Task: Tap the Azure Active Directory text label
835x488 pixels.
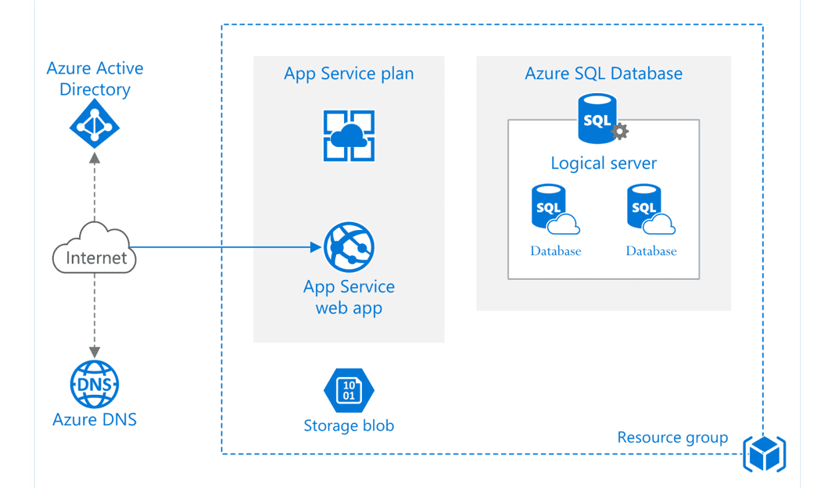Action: coord(95,79)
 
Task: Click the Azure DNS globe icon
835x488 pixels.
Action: coord(95,385)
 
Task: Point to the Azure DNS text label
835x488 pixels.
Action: coord(95,419)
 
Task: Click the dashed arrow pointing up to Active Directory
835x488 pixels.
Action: coord(95,188)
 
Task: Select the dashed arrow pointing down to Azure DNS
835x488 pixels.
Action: coord(95,317)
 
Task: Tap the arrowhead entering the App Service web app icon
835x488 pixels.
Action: coord(315,248)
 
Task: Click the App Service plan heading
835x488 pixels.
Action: coord(349,74)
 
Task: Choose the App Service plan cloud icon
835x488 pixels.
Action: coord(349,136)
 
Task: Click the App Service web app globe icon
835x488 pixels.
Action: coord(349,246)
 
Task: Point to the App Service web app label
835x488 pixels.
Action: coord(349,297)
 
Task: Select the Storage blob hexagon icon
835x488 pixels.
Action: coord(349,389)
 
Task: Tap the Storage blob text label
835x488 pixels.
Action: coord(349,426)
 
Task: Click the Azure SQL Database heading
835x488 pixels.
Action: coord(604,74)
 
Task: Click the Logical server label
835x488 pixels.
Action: coord(604,163)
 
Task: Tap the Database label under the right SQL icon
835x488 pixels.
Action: coord(651,251)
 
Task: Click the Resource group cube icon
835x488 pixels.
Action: coord(765,453)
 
